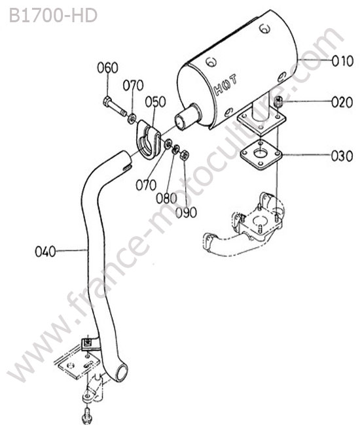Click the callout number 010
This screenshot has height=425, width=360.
click(342, 61)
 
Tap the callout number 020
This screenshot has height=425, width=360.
click(342, 102)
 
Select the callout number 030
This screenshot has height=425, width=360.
click(342, 156)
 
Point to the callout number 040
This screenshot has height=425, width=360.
click(46, 251)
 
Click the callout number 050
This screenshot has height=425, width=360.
click(155, 102)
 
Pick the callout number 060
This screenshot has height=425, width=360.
click(107, 67)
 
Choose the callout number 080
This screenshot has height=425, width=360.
click(166, 198)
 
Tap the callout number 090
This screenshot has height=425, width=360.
click(186, 212)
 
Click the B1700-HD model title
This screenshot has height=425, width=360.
click(53, 16)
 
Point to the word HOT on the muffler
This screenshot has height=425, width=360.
click(225, 84)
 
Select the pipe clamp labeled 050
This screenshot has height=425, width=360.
click(147, 139)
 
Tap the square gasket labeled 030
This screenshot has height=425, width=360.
click(261, 155)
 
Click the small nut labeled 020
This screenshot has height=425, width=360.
click(279, 101)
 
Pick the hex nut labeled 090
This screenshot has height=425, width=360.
click(185, 155)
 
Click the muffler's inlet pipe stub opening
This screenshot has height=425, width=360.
click(180, 122)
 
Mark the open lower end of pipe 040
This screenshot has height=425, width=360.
click(122, 373)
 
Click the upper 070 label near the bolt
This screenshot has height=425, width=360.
click(133, 86)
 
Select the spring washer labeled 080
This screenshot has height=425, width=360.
click(176, 149)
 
